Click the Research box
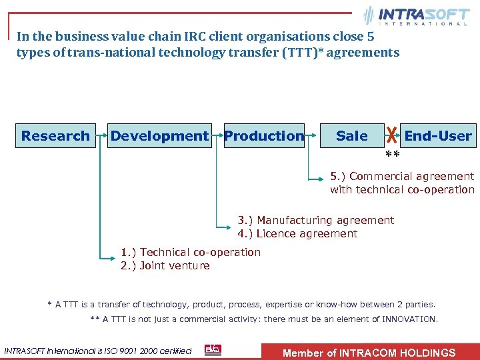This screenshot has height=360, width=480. (x=55, y=136)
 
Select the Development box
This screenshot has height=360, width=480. (x=159, y=136)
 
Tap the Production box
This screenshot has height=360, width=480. (x=264, y=136)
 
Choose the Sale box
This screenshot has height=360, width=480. (x=351, y=136)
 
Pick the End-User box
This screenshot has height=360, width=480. (x=438, y=136)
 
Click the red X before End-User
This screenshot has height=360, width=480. (x=393, y=137)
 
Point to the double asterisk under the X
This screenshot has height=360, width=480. (x=393, y=156)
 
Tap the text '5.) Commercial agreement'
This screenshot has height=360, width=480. (x=402, y=177)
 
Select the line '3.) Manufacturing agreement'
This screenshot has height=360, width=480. (x=316, y=220)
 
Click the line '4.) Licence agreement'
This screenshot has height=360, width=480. (x=297, y=233)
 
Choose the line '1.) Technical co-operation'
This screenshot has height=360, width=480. (x=191, y=252)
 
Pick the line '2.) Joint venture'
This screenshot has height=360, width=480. (x=165, y=265)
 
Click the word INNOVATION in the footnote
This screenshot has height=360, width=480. (x=409, y=319)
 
